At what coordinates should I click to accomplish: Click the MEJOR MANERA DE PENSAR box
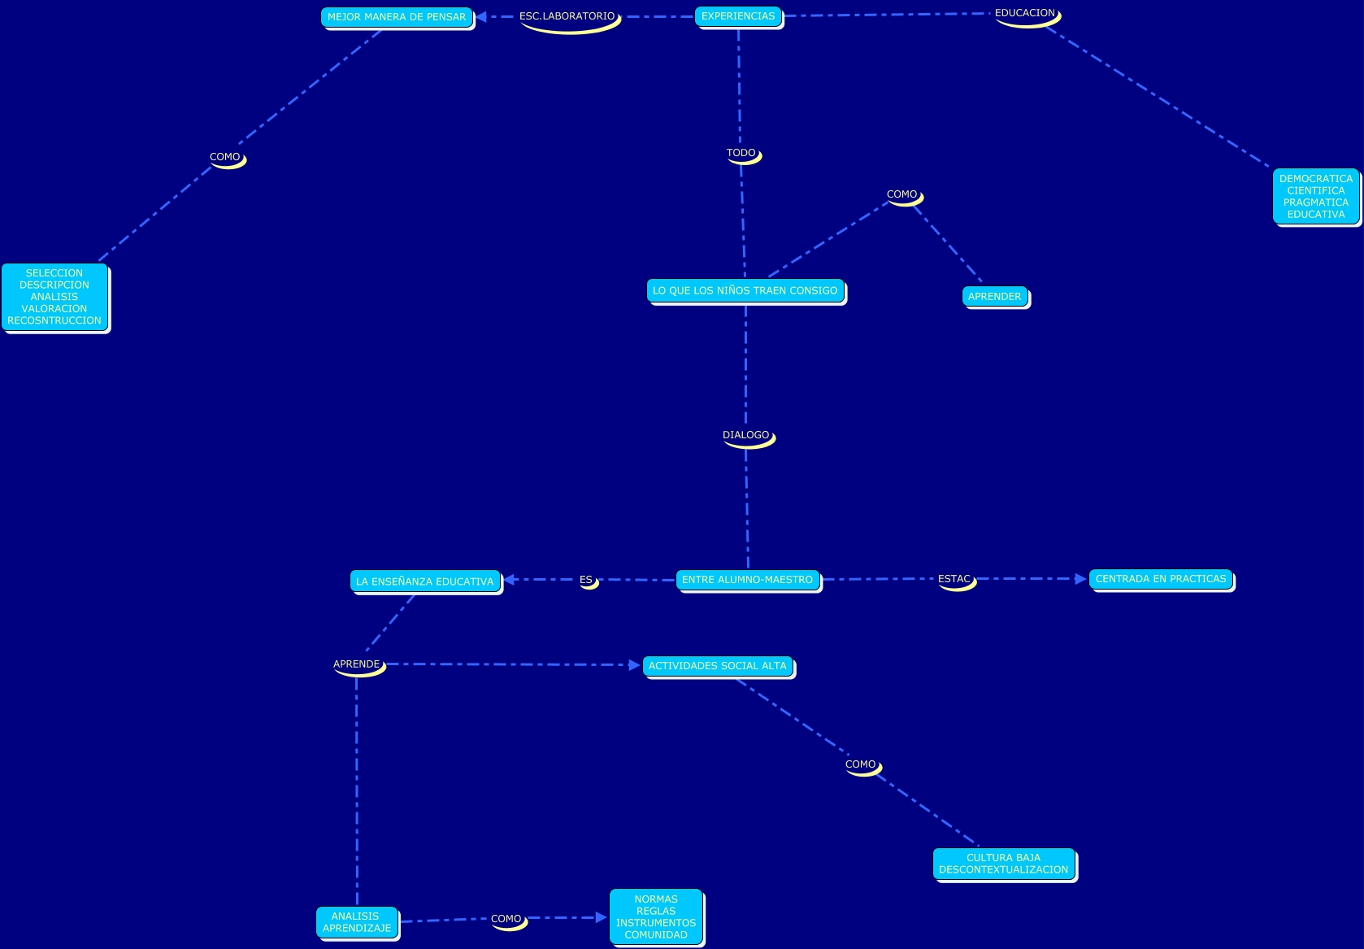(x=397, y=17)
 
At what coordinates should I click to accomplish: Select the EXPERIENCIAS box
(x=738, y=16)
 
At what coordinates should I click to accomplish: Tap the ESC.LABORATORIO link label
(x=567, y=16)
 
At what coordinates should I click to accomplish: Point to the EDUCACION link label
(x=1025, y=13)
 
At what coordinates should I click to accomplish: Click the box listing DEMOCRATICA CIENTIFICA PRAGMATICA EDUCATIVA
(x=1315, y=197)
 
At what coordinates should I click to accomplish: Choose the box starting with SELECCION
(x=54, y=297)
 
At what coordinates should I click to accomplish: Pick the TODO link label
(x=741, y=153)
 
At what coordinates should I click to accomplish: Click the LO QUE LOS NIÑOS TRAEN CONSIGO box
(x=745, y=290)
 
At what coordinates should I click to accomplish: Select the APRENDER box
(x=994, y=297)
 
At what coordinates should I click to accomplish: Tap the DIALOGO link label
(x=746, y=435)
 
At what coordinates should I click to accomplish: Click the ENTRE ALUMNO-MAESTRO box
(x=747, y=580)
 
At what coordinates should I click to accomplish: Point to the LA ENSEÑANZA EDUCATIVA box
(x=425, y=581)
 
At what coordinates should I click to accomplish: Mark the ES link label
(x=586, y=580)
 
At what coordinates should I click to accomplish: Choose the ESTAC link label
(x=954, y=579)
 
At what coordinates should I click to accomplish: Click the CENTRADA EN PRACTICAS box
(x=1160, y=579)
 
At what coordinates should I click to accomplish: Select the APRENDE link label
(x=357, y=664)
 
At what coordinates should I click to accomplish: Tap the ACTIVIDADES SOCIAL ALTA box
(x=717, y=666)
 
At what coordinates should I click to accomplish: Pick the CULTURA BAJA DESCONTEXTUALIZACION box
(x=1003, y=864)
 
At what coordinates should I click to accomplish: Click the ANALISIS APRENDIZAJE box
(x=356, y=922)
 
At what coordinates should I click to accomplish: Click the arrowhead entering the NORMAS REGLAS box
(x=602, y=917)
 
